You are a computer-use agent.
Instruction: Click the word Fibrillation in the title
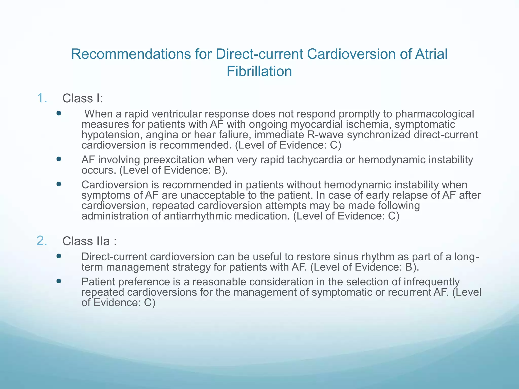coord(259,71)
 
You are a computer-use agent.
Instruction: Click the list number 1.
coord(42,98)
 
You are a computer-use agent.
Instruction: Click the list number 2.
coord(42,241)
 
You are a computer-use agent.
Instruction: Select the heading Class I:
coord(83,99)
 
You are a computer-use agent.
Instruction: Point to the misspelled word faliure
coord(237,135)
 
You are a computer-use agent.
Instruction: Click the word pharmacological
coord(434,114)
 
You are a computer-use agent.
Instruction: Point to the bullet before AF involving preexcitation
coord(59,159)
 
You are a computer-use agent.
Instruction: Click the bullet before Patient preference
coord(59,281)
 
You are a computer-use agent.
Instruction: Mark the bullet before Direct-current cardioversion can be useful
coord(59,256)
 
